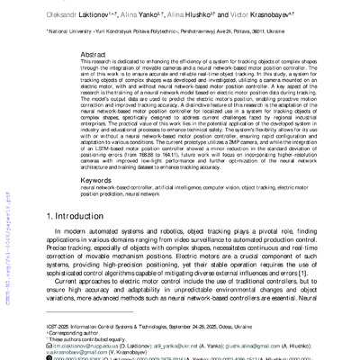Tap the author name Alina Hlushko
(x=188, y=17)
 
